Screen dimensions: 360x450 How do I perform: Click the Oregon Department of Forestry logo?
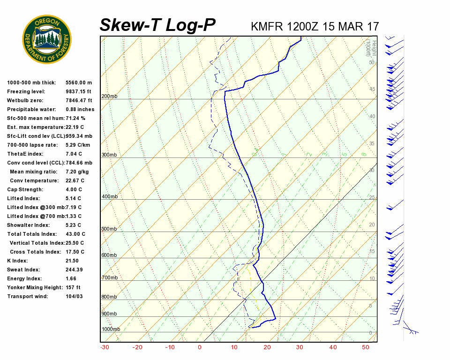[47, 39]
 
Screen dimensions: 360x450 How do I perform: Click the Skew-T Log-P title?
[157, 25]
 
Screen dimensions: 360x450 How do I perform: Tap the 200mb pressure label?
[109, 97]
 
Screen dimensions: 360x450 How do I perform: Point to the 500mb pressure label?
[109, 229]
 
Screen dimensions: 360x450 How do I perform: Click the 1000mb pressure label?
[111, 329]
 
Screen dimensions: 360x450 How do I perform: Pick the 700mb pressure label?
[109, 278]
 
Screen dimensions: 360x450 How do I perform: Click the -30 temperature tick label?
[105, 347]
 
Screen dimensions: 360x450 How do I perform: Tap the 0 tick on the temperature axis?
[200, 347]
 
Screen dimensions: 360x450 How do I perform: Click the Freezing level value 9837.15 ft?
[79, 91]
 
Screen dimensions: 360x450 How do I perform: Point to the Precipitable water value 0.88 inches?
[80, 109]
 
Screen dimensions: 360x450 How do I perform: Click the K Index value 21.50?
[72, 261]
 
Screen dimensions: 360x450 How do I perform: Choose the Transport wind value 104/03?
[74, 296]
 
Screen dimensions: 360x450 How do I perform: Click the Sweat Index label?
[23, 270]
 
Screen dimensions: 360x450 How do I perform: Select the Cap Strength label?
[25, 189]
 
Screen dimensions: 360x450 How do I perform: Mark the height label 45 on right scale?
[372, 89]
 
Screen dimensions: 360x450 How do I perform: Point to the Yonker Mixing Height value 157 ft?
[73, 287]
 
